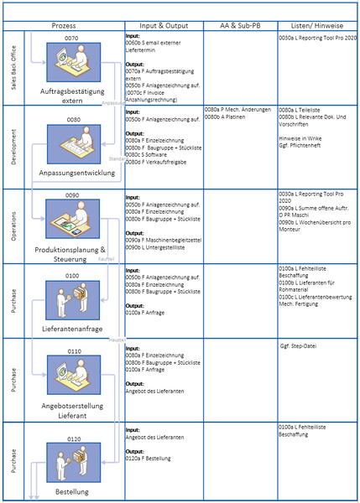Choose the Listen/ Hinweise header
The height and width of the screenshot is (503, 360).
coord(316,27)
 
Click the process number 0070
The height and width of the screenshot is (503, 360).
coord(71,39)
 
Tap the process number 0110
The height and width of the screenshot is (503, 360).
coord(74,351)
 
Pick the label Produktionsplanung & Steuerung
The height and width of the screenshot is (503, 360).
coord(70,254)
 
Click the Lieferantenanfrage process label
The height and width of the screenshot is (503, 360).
coord(71,329)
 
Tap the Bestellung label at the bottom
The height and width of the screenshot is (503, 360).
coord(71,490)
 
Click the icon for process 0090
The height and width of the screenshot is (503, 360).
coord(72,221)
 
